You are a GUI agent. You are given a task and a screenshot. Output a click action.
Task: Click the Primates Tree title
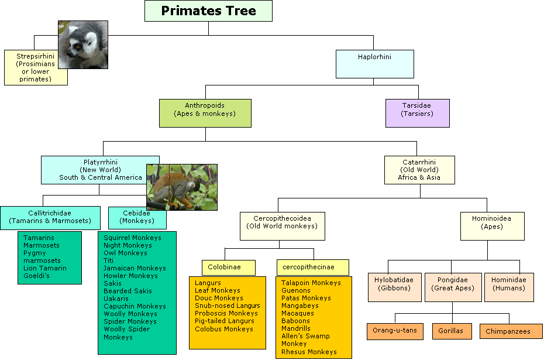[208, 11]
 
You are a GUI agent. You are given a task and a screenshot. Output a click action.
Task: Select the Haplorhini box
[375, 64]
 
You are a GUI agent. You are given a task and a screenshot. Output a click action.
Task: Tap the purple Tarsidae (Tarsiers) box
[418, 113]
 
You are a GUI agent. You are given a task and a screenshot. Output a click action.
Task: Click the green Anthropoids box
[205, 113]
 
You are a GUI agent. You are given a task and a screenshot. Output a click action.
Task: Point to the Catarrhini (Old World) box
[419, 170]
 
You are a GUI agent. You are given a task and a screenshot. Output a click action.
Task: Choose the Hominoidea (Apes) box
[493, 226]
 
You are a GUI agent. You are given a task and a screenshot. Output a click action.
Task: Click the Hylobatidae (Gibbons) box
[394, 287]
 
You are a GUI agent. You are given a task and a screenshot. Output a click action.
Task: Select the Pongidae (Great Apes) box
[453, 287]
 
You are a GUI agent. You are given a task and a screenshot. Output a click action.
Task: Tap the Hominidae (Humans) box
[509, 287]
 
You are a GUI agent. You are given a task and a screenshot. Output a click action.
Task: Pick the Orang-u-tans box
[395, 331]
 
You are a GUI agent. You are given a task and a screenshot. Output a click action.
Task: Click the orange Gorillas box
[452, 331]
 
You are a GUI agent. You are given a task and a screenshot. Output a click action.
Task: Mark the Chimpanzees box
[511, 331]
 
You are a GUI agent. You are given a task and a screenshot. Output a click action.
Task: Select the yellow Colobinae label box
[229, 268]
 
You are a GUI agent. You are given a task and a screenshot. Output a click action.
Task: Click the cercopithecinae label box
[312, 268]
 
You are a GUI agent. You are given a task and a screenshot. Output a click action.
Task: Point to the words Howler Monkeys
[130, 276]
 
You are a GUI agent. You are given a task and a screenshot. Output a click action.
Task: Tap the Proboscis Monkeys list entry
[226, 314]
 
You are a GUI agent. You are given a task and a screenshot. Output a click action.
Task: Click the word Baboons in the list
[295, 321]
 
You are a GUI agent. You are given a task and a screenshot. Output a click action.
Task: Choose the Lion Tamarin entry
[45, 268]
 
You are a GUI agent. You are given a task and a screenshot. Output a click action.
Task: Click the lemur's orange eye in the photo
[78, 46]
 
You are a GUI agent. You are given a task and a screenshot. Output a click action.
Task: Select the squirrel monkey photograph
[182, 187]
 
